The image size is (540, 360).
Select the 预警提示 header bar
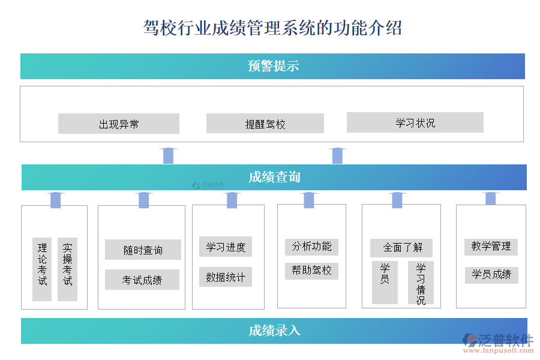tap(272, 66)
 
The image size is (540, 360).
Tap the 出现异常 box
tap(119, 124)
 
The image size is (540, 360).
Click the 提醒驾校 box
tap(265, 124)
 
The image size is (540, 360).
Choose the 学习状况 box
tap(415, 122)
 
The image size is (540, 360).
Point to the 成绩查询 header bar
tap(274, 177)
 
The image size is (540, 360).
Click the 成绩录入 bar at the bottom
tap(274, 331)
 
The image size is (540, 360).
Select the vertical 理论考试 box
tap(42, 269)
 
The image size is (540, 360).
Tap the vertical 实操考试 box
tap(68, 269)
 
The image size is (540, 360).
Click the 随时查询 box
tap(143, 250)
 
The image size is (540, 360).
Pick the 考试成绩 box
tap(142, 280)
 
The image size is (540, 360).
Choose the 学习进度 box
tap(226, 247)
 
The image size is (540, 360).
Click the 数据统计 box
tap(226, 277)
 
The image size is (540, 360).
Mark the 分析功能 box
tap(311, 246)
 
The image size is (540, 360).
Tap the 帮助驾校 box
tap(311, 270)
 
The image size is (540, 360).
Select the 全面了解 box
tap(401, 247)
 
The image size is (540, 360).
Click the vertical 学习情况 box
tap(421, 283)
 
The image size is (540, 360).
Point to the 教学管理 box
tap(491, 246)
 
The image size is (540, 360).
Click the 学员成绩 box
tap(491, 274)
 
